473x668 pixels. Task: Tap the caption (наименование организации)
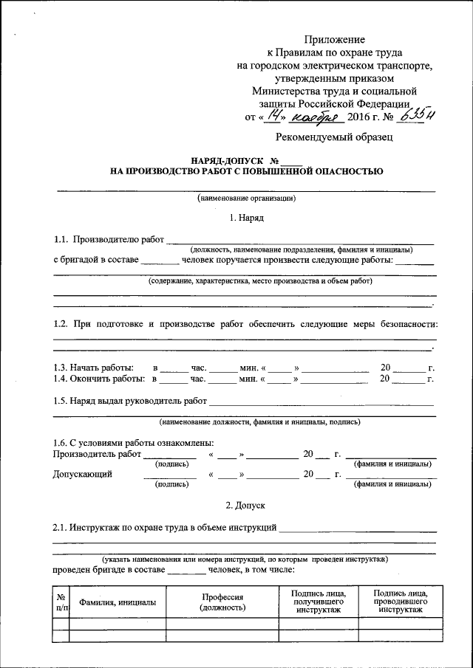[x=246, y=198]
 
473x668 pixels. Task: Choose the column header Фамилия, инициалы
[x=118, y=602]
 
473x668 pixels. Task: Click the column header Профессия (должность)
[x=222, y=602]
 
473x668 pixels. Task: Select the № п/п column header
[x=61, y=602]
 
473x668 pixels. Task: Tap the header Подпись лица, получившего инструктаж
[x=319, y=602]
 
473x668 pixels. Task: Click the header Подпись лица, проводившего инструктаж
[x=398, y=602]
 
